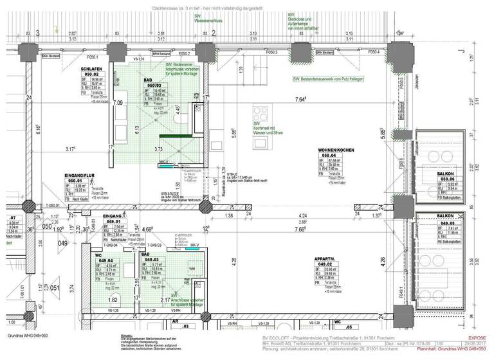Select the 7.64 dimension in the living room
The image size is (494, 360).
[300, 100]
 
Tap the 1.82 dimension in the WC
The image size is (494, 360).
[113, 300]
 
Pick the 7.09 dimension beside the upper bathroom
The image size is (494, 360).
[118, 102]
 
